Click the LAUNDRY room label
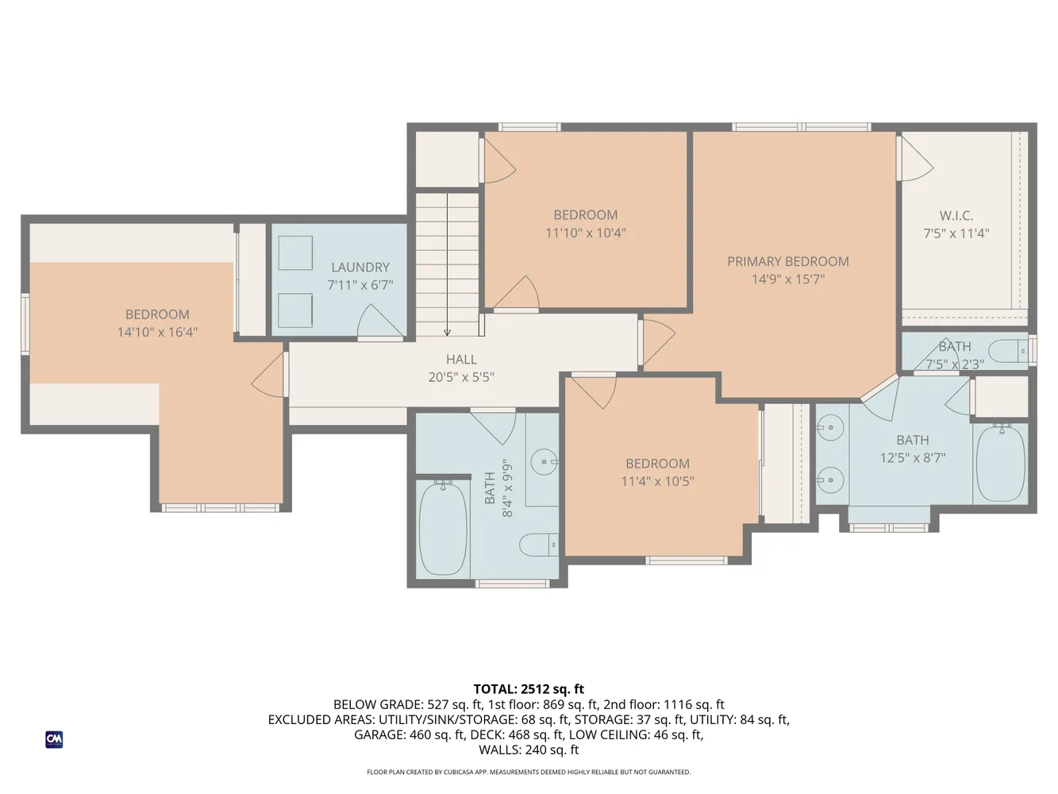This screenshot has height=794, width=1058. (x=360, y=268)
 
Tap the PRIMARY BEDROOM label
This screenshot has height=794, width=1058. (x=787, y=261)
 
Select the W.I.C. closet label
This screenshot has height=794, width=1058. (x=956, y=215)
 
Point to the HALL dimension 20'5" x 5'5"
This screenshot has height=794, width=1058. (x=460, y=377)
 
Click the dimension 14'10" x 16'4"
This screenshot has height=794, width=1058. (x=157, y=332)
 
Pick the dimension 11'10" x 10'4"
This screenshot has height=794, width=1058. (x=585, y=233)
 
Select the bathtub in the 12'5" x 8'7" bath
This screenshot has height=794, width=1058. (x=1000, y=464)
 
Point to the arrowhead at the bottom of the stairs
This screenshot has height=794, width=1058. (x=447, y=333)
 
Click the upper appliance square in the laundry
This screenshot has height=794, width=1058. (x=294, y=253)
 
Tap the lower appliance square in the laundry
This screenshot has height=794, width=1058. (x=294, y=310)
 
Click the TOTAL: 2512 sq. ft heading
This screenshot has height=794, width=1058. (x=529, y=689)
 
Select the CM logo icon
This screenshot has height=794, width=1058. (x=54, y=739)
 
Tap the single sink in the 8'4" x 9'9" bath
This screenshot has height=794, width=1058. (x=544, y=461)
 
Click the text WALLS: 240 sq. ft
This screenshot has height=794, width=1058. (x=529, y=750)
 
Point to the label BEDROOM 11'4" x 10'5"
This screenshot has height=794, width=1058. (x=657, y=472)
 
